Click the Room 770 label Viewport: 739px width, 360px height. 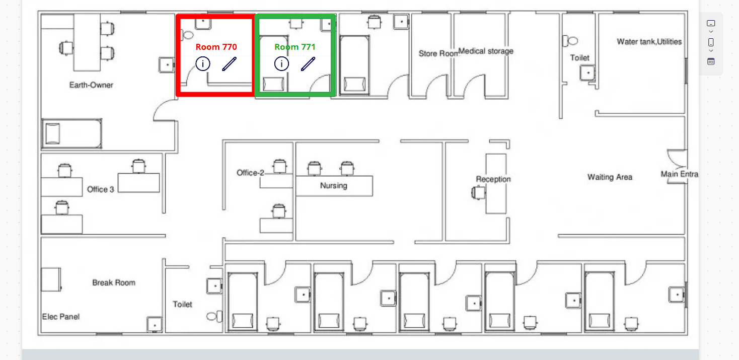pos(216,47)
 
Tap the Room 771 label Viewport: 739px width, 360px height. pos(295,47)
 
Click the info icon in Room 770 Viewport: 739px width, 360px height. pos(203,63)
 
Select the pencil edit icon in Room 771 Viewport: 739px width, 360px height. pos(308,64)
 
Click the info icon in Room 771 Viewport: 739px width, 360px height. pos(282,63)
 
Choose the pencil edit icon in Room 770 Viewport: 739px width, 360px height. pos(229,64)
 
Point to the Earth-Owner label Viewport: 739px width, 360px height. pos(91,85)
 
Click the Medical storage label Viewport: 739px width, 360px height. pos(486,51)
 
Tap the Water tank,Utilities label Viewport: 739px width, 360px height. pos(649,42)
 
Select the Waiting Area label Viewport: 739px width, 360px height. pos(610,177)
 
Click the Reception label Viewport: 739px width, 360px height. pos(493,179)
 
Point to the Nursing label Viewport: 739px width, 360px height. pos(334,186)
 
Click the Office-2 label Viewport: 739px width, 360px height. pos(250,173)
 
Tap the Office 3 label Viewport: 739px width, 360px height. pos(100,189)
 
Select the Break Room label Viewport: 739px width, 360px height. pos(114,283)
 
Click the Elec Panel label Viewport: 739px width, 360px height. pos(61,317)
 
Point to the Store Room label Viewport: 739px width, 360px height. pos(438,53)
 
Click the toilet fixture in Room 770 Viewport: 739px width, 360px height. pos(188,35)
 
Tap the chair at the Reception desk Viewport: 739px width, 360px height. pos(478,193)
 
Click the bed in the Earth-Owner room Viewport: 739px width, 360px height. pos(71,133)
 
